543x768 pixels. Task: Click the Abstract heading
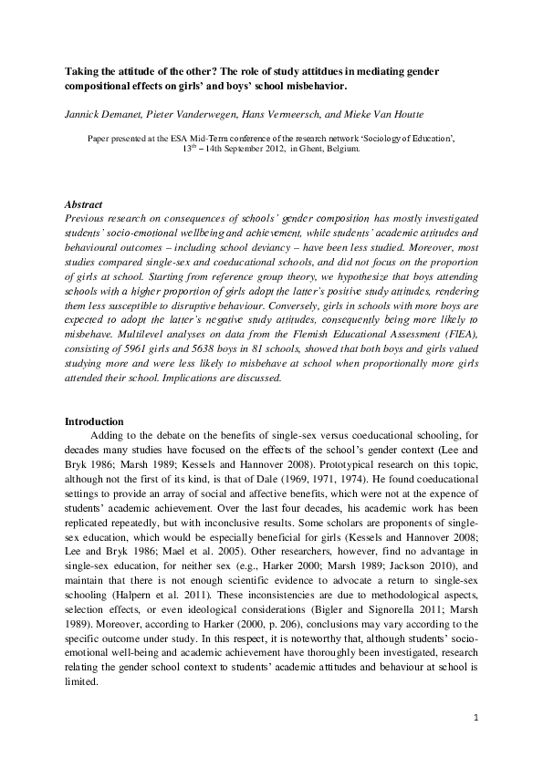[x=85, y=205]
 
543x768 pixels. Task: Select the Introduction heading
[x=94, y=421]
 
